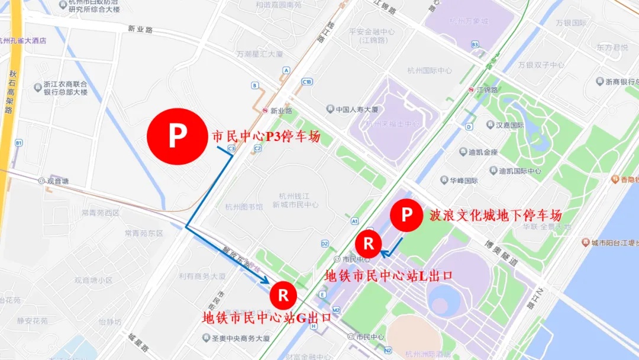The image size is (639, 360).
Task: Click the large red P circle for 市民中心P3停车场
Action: click(x=176, y=137)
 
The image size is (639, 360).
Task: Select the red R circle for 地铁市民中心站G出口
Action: click(x=283, y=294)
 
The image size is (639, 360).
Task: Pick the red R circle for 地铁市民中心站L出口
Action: click(x=368, y=243)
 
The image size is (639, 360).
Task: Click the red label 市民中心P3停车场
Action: click(x=266, y=137)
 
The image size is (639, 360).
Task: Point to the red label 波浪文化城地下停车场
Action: click(x=496, y=215)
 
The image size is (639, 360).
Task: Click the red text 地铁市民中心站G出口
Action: click(x=267, y=317)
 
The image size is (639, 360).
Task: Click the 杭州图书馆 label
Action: click(x=240, y=207)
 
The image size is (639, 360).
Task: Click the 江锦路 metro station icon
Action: click(x=471, y=90)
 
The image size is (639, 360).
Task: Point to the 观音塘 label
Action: click(x=57, y=181)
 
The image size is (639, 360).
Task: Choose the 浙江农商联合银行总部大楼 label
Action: click(x=65, y=88)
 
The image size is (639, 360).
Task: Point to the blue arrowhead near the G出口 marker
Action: click(x=266, y=280)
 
